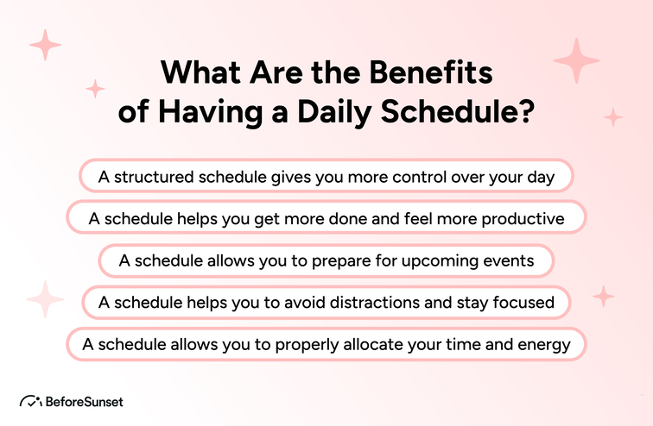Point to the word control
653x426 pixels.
pyautogui.click(x=404, y=177)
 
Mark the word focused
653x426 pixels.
pyautogui.click(x=522, y=303)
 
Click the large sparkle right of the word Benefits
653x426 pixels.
pyautogui.click(x=576, y=60)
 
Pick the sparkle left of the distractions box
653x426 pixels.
pyautogui.click(x=45, y=299)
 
